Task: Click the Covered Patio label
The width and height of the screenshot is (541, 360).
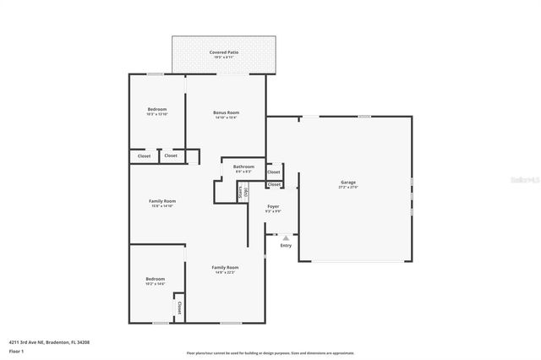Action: tap(224, 52)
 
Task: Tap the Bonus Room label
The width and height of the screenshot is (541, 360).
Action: tap(226, 112)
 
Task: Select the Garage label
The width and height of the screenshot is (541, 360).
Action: tap(347, 182)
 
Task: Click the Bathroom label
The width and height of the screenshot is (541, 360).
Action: tap(244, 166)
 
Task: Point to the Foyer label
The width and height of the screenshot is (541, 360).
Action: tap(273, 206)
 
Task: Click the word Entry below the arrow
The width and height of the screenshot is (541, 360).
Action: tap(286, 246)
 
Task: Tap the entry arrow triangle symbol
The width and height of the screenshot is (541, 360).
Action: tap(286, 238)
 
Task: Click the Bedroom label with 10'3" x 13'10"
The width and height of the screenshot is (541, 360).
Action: tap(157, 109)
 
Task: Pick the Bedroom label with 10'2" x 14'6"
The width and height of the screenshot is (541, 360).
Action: tap(155, 279)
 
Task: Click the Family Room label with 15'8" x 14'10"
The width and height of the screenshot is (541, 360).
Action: tap(161, 200)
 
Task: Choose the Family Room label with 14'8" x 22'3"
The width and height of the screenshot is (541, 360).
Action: tap(225, 267)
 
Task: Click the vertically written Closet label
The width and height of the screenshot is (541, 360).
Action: tap(179, 306)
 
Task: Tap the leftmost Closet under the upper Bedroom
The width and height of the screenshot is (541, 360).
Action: tap(144, 155)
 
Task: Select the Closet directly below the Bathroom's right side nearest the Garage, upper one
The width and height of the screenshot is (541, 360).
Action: tap(274, 172)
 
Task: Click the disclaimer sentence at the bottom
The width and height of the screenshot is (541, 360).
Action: tap(270, 353)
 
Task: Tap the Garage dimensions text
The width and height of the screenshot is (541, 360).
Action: tap(347, 187)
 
